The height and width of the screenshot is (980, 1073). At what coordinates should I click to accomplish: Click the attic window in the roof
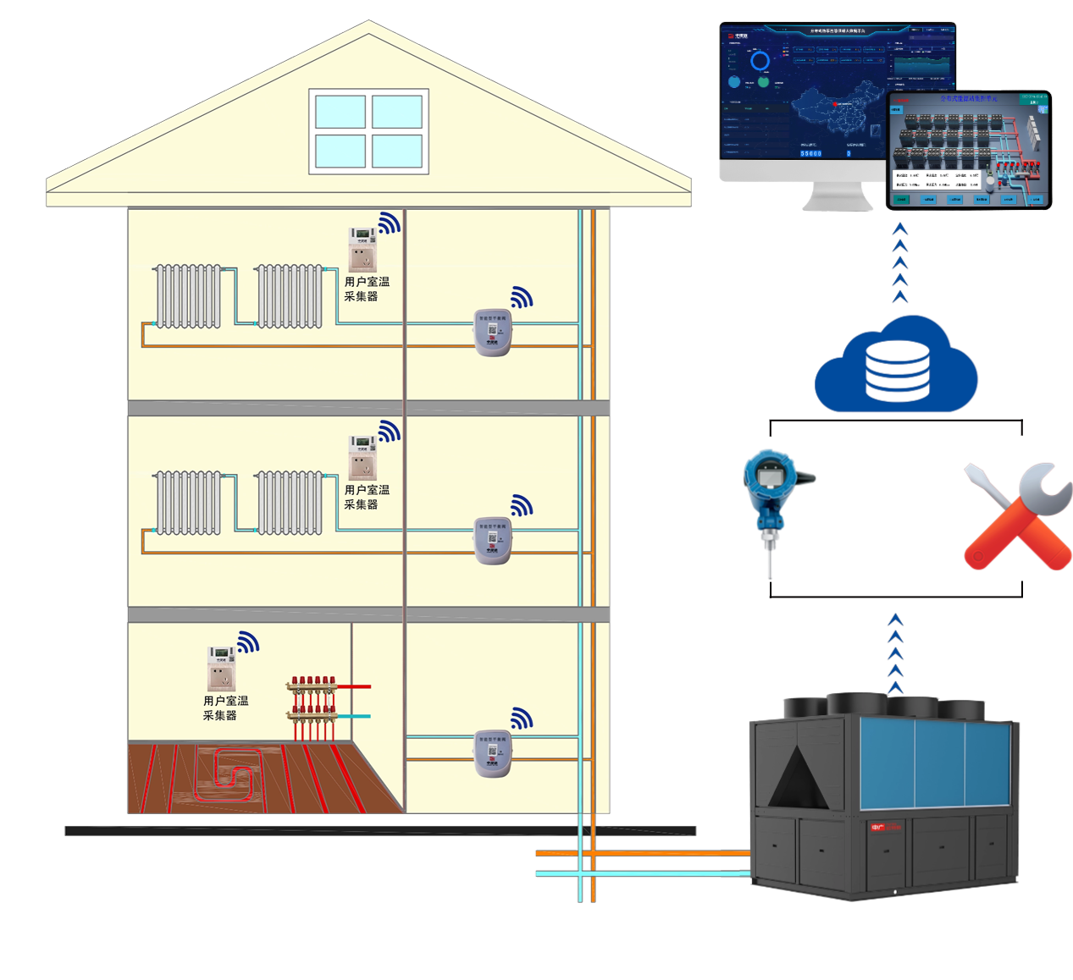[368, 131]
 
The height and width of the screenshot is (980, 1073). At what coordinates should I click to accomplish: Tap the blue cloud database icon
[896, 367]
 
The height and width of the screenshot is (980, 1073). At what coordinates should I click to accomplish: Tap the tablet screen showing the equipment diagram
[969, 151]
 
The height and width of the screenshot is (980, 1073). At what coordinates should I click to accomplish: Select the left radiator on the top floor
[188, 296]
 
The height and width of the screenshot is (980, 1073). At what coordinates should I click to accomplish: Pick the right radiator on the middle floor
[290, 504]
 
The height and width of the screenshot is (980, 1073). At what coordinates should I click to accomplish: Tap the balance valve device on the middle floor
[493, 540]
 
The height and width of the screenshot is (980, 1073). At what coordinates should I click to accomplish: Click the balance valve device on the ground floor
[493, 753]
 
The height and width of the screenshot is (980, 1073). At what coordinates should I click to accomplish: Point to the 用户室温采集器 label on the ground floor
[225, 707]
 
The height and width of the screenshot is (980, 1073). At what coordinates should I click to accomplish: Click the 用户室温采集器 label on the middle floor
[367, 497]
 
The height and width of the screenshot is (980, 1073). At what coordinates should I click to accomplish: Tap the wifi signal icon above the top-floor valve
[522, 297]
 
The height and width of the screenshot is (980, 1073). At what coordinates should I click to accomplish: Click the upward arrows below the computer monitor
[900, 262]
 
